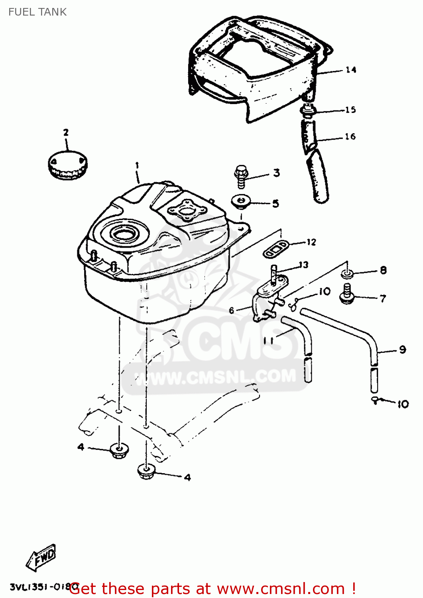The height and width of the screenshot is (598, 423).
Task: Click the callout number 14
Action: (x=350, y=70)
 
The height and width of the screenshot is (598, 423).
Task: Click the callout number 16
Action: (x=350, y=136)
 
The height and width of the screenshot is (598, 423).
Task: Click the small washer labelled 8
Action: (x=347, y=274)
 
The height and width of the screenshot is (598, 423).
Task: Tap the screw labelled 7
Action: (x=347, y=294)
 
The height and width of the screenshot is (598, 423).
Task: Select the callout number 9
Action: (x=402, y=350)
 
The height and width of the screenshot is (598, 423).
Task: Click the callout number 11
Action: (x=268, y=340)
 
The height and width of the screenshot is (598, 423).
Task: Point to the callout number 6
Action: (x=232, y=311)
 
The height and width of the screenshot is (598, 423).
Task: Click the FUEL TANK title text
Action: (x=37, y=12)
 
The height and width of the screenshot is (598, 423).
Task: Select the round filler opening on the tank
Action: (x=124, y=234)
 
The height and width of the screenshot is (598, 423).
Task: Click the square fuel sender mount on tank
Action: (x=186, y=209)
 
